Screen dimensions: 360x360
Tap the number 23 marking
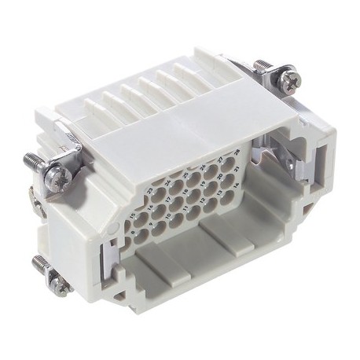point(150,191)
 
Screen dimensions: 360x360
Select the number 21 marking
point(237,169)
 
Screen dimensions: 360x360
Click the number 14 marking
point(237,185)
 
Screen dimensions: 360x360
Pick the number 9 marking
point(151,224)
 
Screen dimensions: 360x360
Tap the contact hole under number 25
point(193,180)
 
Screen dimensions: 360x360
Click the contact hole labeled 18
point(193,196)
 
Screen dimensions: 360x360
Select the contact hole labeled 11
point(193,212)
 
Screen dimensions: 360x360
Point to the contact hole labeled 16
point(159,211)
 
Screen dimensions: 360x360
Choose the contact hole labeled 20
point(228,181)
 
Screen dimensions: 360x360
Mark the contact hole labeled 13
point(227,197)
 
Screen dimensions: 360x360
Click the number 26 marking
point(203,167)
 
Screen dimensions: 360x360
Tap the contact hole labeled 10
point(176,220)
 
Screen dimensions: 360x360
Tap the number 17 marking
point(168,199)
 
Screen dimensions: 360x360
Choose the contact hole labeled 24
point(176,187)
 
